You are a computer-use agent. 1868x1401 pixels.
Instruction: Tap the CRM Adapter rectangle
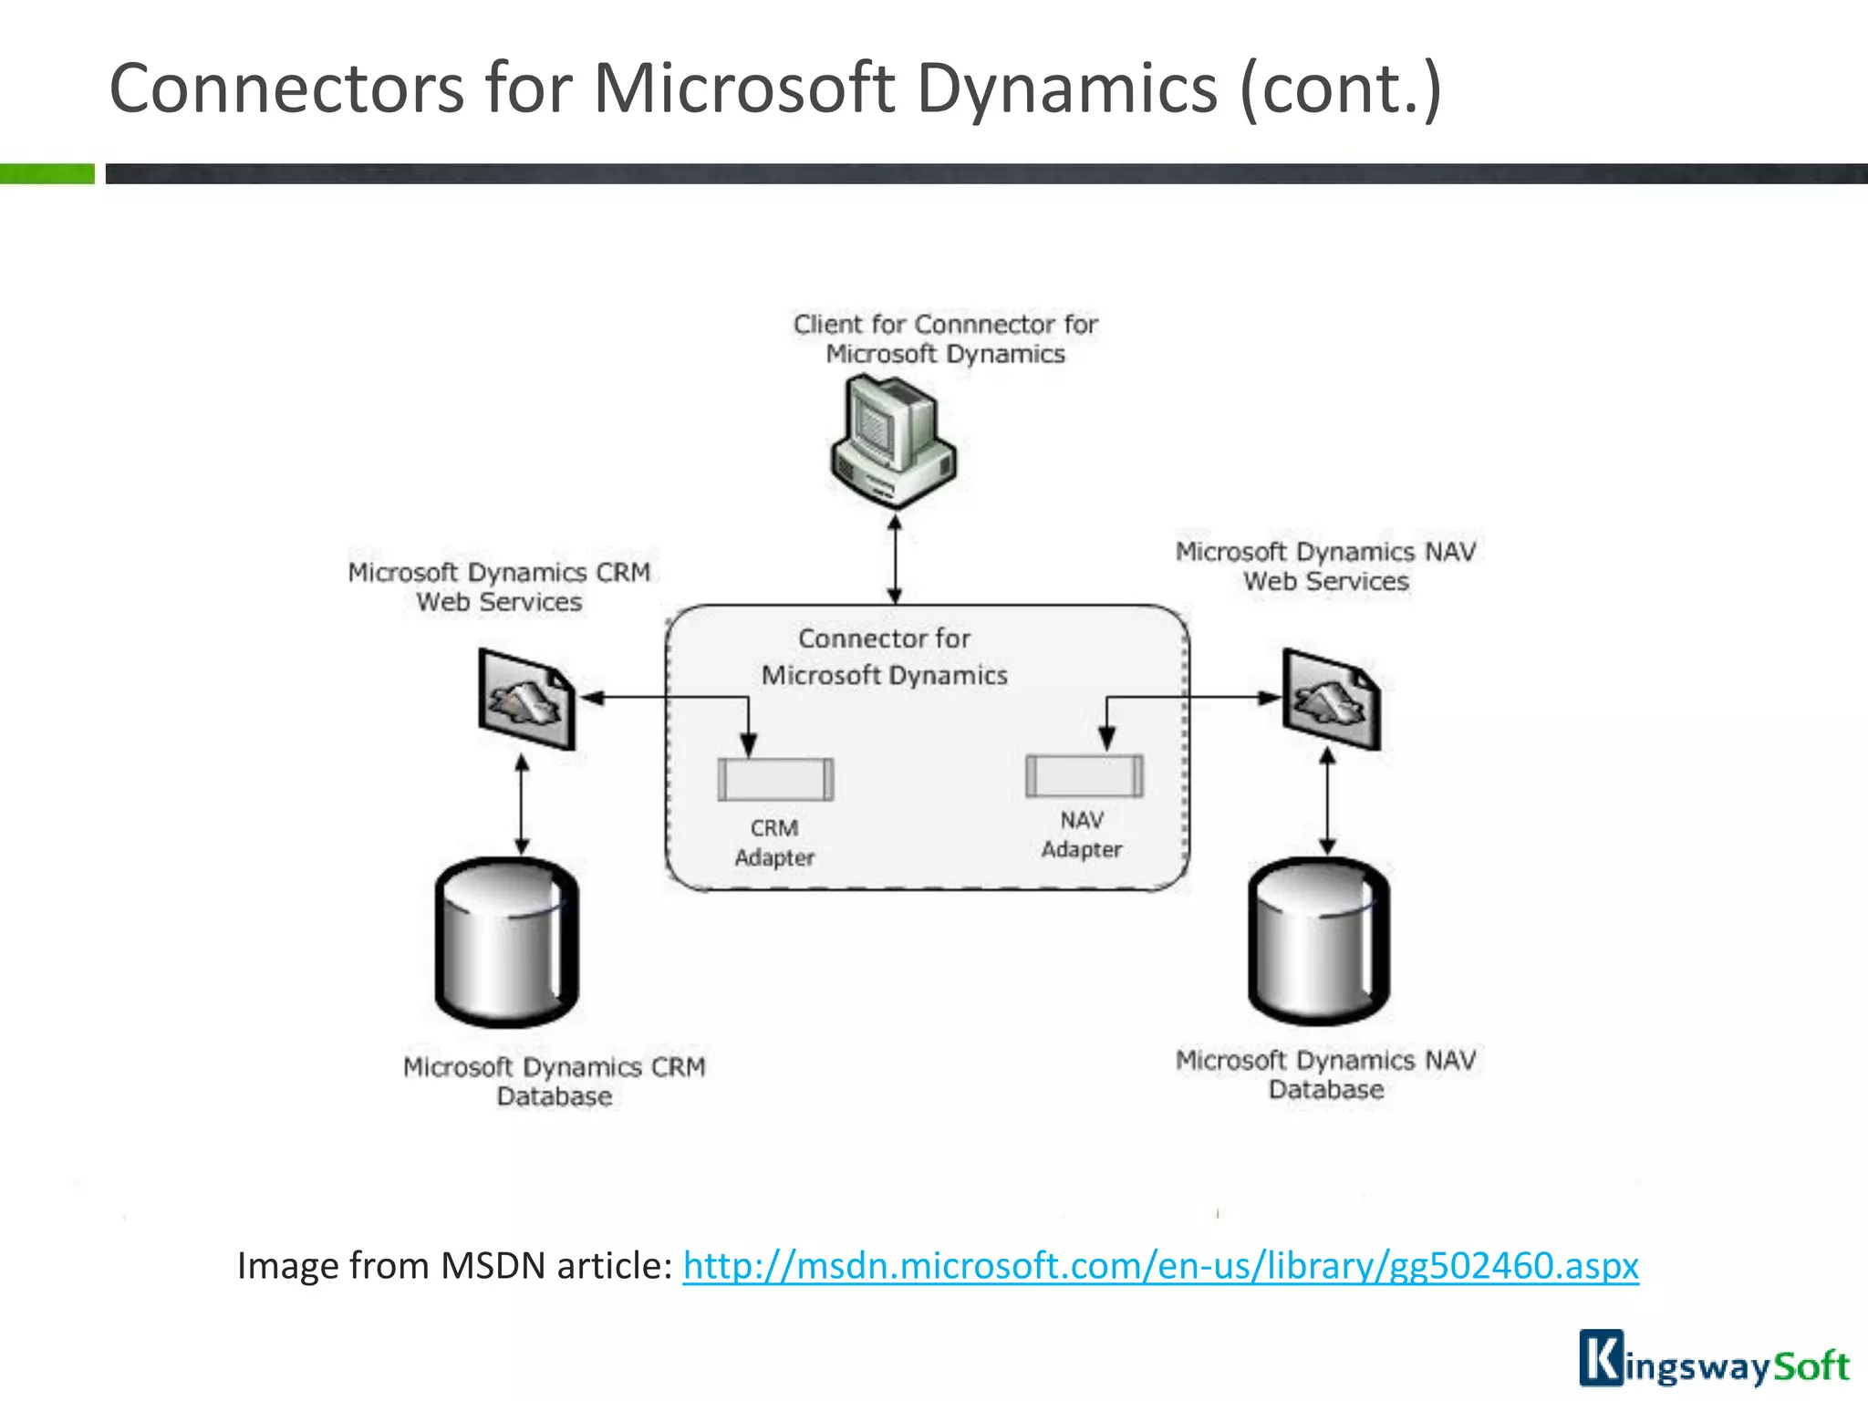(x=775, y=780)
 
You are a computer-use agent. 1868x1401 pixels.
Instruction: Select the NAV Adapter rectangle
(x=1084, y=776)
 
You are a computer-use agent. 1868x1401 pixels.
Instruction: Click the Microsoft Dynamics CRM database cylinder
(x=507, y=943)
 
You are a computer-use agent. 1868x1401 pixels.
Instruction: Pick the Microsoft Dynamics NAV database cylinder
(x=1319, y=941)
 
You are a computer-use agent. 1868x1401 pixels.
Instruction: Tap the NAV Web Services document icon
(x=1332, y=700)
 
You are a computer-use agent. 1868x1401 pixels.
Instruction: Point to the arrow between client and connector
(x=895, y=559)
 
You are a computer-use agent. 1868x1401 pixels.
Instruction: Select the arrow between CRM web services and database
(x=522, y=804)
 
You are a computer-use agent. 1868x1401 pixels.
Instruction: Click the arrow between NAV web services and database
(x=1328, y=802)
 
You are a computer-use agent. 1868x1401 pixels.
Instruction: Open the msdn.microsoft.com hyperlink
(x=1160, y=1266)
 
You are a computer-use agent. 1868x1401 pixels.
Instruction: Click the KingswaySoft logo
(x=1714, y=1360)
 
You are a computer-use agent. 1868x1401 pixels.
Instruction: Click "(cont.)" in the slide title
(x=1340, y=88)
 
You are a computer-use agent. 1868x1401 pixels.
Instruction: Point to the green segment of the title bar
(x=47, y=173)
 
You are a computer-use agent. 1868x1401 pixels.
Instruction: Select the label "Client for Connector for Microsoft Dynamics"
(x=945, y=338)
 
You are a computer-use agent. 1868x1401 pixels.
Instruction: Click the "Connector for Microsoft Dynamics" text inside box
(x=884, y=657)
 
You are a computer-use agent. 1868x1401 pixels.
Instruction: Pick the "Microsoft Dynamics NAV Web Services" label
(x=1325, y=566)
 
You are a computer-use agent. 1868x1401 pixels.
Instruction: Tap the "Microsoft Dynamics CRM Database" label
(x=554, y=1081)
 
